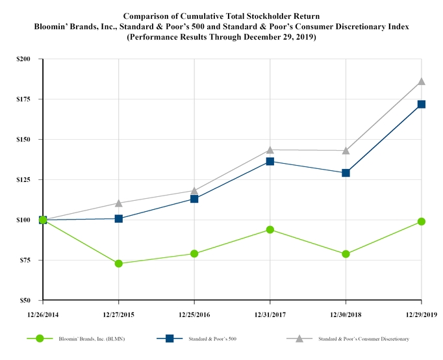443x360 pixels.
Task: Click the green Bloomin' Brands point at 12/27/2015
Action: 119,263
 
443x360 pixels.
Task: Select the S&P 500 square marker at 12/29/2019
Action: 422,104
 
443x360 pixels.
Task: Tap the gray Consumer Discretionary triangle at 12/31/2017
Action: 270,149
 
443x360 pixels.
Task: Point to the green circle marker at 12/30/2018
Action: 346,254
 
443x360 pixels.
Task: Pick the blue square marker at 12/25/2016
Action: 194,199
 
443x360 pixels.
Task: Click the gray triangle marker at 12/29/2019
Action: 422,81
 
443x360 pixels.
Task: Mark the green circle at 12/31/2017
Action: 270,229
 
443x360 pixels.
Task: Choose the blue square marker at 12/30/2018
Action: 346,173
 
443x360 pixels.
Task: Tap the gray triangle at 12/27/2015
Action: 119,203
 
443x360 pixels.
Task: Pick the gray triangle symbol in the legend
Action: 299,338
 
